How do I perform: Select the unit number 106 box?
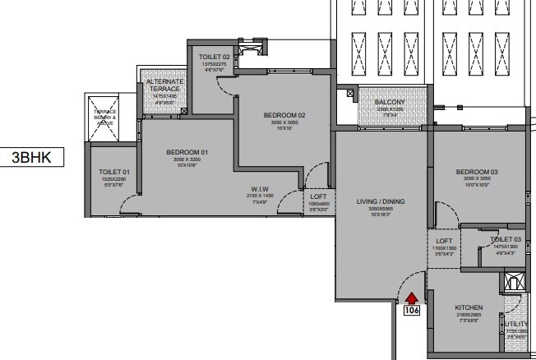[x=412, y=311]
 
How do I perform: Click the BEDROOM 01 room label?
[x=187, y=152]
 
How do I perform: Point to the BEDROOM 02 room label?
[x=284, y=116]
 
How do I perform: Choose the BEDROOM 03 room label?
[x=477, y=172]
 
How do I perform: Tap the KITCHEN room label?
[x=469, y=307]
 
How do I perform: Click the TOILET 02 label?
[x=214, y=57]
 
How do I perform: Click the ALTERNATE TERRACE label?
[x=164, y=86]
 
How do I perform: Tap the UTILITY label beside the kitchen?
[x=514, y=324]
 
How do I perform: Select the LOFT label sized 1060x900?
[x=318, y=197]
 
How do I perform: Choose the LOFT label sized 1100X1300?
[x=444, y=240]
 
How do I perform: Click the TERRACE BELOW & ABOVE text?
[x=105, y=118]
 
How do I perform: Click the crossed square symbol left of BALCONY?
[x=351, y=95]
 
